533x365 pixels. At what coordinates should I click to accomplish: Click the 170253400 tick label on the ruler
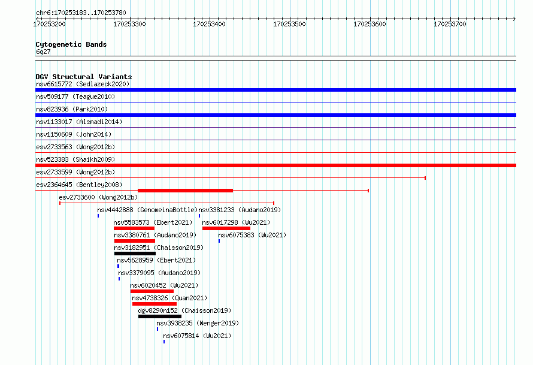[x=209, y=24]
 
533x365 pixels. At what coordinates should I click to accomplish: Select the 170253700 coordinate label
[x=450, y=24]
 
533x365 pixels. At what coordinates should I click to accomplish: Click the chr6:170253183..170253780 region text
[x=81, y=13]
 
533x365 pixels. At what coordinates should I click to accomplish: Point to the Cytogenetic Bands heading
[x=71, y=44]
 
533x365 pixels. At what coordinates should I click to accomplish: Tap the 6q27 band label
[x=43, y=52]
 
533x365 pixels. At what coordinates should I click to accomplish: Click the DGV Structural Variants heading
[x=84, y=77]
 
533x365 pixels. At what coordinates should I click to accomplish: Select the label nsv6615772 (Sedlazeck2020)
[x=83, y=84]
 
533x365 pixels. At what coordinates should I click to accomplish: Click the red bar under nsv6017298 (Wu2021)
[x=226, y=228]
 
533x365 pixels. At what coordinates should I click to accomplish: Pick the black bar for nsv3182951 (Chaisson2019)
[x=135, y=254]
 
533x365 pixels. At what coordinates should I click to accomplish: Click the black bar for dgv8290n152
[x=160, y=316]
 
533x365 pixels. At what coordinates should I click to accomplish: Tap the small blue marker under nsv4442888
[x=98, y=216]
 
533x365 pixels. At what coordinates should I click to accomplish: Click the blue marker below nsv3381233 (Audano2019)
[x=199, y=216]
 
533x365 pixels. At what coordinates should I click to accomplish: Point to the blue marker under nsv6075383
[x=219, y=241]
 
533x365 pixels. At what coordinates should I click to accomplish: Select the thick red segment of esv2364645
[x=185, y=191]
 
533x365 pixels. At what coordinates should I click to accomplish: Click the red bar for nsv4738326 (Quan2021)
[x=155, y=304]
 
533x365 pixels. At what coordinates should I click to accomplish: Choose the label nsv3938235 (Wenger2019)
[x=198, y=323]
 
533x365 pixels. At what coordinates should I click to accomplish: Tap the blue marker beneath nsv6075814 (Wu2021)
[x=164, y=342]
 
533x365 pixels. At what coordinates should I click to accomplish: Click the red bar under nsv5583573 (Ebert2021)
[x=134, y=228]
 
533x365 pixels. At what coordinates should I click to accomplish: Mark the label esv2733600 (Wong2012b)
[x=98, y=197]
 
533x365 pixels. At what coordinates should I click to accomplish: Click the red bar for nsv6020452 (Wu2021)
[x=152, y=291]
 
